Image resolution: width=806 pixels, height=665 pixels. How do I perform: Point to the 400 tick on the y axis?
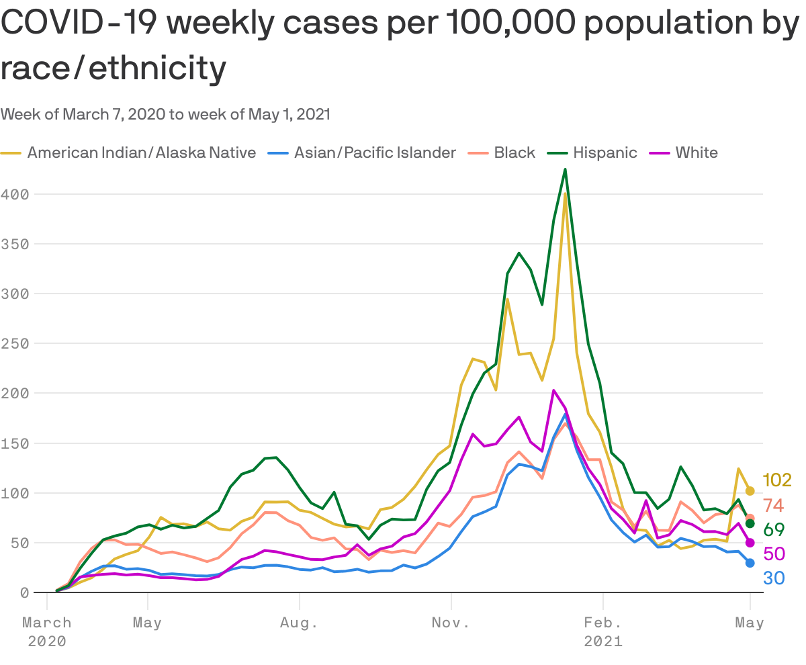(13, 194)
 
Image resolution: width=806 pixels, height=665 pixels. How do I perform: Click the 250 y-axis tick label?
(13, 343)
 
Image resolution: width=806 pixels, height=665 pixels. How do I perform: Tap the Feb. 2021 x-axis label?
(603, 631)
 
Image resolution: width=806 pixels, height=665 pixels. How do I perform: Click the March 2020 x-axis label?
(47, 631)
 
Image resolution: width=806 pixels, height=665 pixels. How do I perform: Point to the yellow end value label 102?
(777, 480)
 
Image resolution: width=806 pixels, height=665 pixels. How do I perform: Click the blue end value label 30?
(774, 578)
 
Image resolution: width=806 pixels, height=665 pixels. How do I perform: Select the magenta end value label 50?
(774, 554)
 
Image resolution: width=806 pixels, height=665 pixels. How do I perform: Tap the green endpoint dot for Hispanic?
(750, 523)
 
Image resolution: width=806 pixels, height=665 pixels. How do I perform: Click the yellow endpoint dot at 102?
(750, 491)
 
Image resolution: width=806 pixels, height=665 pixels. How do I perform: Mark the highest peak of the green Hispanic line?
(565, 169)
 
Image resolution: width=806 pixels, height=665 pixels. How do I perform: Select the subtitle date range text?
(165, 114)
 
